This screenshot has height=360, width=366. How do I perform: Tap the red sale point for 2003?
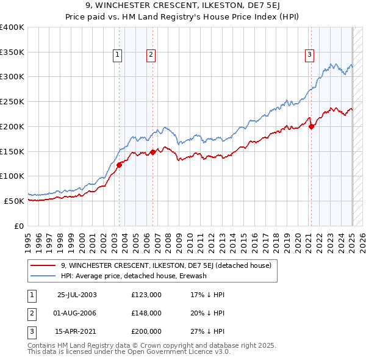(120, 164)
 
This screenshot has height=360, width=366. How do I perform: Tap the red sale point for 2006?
(152, 152)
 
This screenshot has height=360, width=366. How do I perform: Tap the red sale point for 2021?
(312, 126)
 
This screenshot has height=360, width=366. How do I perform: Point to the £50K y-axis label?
(14, 201)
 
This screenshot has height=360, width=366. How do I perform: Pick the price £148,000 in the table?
(146, 313)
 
